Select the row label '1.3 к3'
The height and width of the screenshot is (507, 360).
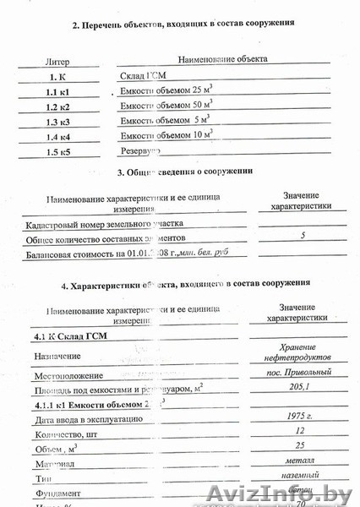tap(60, 122)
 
